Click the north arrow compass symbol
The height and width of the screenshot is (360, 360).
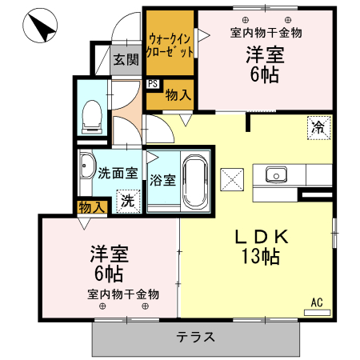[40, 26]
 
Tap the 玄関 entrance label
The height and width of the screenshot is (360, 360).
[126, 59]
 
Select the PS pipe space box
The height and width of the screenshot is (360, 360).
[153, 84]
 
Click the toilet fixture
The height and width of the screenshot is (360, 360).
[92, 117]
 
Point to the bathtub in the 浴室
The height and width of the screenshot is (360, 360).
[195, 182]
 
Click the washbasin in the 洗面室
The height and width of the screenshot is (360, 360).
[87, 166]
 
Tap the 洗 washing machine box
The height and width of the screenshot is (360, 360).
[128, 201]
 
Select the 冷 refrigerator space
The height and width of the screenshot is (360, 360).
[318, 128]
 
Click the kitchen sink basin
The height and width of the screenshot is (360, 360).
[276, 175]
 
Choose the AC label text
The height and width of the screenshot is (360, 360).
[317, 302]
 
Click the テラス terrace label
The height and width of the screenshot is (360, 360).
[195, 337]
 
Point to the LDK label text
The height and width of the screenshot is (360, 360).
[262, 236]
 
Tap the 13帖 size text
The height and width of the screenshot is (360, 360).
[261, 257]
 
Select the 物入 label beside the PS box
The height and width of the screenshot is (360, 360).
[178, 94]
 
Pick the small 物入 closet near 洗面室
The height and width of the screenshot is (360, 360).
[92, 207]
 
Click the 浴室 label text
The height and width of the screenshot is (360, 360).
[162, 180]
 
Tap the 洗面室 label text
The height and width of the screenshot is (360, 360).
[118, 174]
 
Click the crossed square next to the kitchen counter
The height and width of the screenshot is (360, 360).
[232, 179]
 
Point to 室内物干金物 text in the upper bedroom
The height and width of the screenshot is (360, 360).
[266, 33]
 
